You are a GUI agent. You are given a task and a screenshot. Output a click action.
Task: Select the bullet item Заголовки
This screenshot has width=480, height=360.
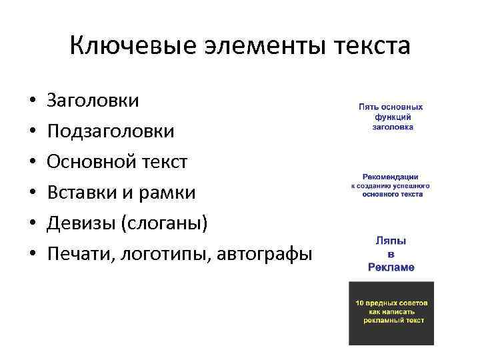pyautogui.click(x=93, y=101)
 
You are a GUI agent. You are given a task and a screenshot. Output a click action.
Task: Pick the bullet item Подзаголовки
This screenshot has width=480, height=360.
pyautogui.click(x=111, y=131)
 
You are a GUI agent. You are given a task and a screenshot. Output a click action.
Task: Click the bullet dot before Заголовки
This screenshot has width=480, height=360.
pyautogui.click(x=32, y=101)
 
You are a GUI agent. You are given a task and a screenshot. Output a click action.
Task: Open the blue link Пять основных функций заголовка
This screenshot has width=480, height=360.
pyautogui.click(x=391, y=117)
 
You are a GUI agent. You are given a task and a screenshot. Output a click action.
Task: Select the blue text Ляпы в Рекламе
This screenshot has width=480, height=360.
pyautogui.click(x=391, y=253)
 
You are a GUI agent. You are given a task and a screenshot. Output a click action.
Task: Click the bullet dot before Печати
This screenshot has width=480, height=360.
pyautogui.click(x=32, y=255)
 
